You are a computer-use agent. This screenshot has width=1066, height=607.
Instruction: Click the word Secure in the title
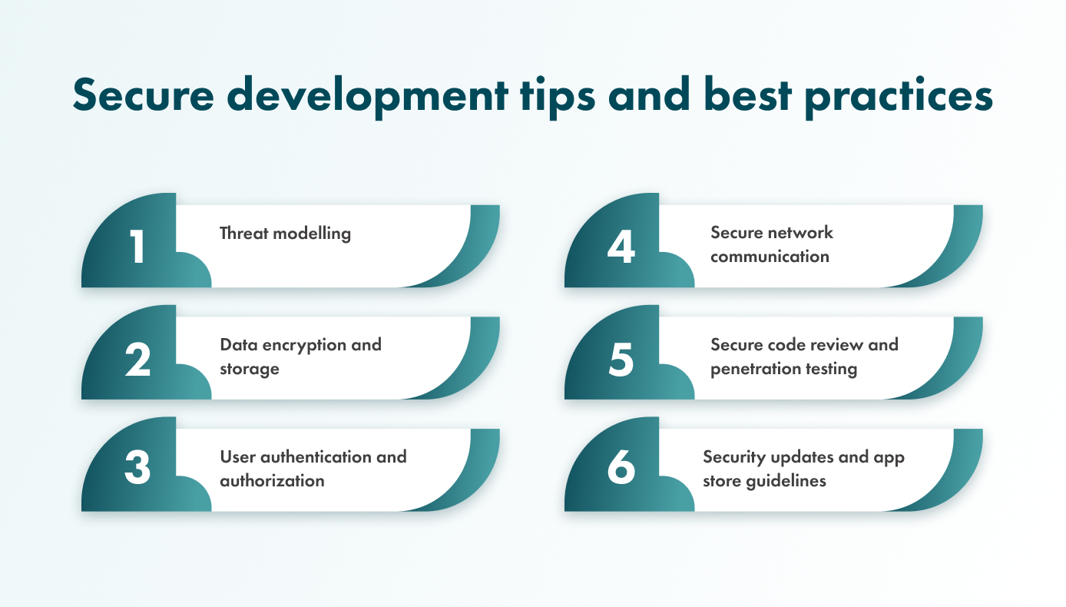[144, 95]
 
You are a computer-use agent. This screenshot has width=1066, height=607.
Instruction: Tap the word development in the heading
[367, 97]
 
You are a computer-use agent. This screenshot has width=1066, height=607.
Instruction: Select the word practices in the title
[899, 97]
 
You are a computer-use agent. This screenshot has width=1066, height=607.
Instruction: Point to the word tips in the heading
[558, 97]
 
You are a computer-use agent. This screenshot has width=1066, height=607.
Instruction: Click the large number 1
[137, 246]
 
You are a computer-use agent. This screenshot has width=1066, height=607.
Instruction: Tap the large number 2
[137, 359]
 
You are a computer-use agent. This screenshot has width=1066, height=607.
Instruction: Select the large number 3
[137, 467]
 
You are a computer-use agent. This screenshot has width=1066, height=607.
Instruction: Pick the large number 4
[621, 246]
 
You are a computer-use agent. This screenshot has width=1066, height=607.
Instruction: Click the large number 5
[621, 360]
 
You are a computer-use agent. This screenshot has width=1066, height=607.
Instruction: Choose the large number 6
[621, 467]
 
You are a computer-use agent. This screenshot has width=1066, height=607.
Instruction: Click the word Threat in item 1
[243, 234]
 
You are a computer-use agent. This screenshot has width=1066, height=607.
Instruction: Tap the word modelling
[312, 234]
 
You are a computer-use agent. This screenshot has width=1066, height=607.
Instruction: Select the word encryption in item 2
[304, 346]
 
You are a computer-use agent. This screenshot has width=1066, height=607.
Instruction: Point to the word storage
[250, 370]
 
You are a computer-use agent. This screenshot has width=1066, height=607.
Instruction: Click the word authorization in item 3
[272, 481]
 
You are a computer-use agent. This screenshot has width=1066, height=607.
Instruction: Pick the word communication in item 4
[770, 257]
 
